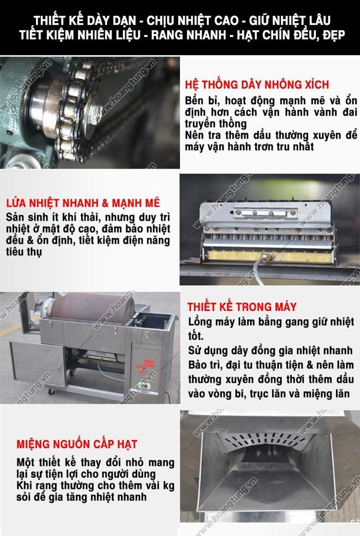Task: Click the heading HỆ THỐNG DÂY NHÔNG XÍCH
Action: tap(257, 85)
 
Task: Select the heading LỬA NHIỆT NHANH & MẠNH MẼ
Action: tap(83, 203)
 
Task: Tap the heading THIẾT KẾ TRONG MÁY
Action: tap(242, 306)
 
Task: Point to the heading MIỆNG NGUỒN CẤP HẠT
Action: tap(76, 444)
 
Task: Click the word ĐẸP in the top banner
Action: tap(333, 35)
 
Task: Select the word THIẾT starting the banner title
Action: tap(47, 21)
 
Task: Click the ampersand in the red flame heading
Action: tap(105, 203)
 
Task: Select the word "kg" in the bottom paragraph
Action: tap(169, 486)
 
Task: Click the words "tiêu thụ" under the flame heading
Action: tap(23, 252)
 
